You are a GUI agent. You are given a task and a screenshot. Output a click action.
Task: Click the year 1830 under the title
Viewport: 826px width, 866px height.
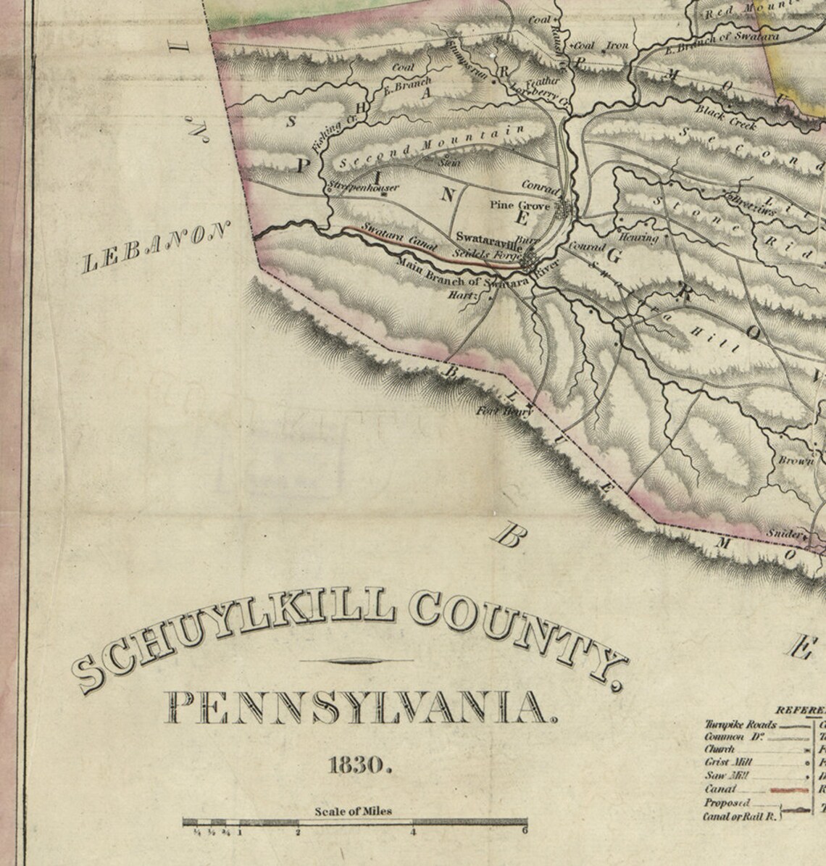point(360,765)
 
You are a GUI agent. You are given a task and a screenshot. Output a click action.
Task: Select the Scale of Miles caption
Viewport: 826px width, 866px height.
point(354,811)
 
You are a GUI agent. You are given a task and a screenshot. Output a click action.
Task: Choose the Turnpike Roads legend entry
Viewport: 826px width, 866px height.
point(741,724)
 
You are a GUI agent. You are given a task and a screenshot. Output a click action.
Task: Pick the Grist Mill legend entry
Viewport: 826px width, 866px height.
point(729,762)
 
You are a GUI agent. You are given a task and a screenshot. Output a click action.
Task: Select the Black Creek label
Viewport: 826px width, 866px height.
point(727,117)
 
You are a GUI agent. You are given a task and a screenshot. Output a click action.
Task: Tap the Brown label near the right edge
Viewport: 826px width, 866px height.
point(796,461)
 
